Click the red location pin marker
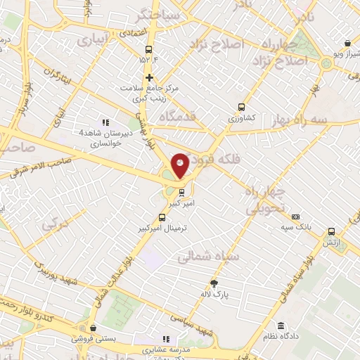point(180,165)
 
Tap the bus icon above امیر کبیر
point(182,191)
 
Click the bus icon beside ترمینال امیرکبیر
point(162,217)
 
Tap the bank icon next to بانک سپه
point(296,217)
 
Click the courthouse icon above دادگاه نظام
point(281,326)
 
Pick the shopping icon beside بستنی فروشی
point(93,327)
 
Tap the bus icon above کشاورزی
point(242,108)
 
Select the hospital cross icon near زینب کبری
point(149,77)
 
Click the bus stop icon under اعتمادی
point(148,49)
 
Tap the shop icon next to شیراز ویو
point(348,44)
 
